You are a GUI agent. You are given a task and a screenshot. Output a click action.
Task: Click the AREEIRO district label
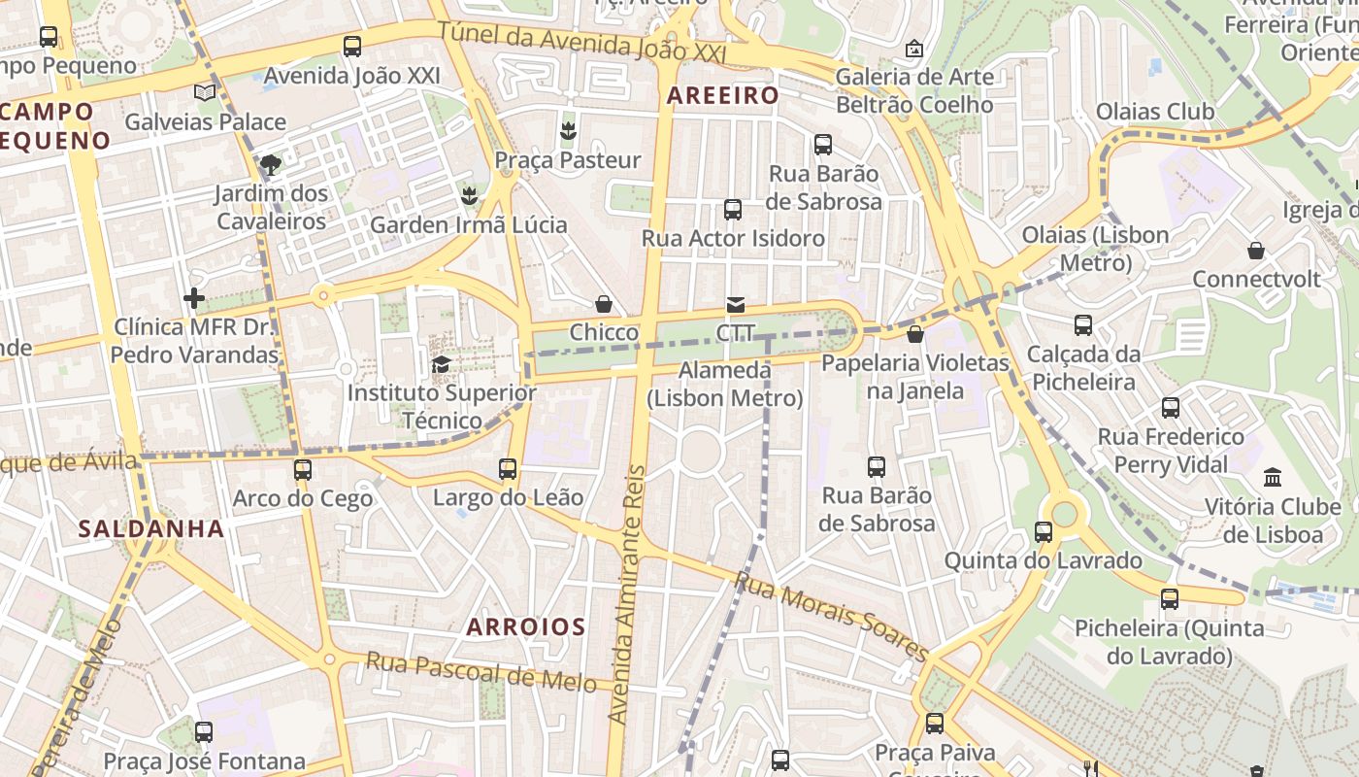pos(723,95)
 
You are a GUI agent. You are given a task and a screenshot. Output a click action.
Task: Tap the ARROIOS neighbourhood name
pos(526,626)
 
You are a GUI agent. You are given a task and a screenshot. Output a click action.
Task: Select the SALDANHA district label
pos(151,529)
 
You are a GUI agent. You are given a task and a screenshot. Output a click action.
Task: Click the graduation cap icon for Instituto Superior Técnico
pos(441,365)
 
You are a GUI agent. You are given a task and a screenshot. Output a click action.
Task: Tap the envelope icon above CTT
pos(736,305)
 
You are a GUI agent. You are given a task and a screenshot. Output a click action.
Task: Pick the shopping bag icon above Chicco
pos(604,305)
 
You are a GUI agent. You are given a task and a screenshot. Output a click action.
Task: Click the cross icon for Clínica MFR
pos(194,298)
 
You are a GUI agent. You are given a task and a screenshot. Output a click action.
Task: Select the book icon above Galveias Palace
pos(205,93)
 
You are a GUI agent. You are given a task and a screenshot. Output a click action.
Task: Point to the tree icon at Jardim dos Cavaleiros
pos(271,165)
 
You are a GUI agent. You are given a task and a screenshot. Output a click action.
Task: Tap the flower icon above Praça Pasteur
pos(568,130)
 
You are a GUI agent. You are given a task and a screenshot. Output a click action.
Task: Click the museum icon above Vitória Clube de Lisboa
pos(1273,477)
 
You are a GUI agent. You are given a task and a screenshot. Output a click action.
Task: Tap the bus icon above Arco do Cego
pos(303,470)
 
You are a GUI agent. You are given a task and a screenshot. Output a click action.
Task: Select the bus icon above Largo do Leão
pos(508,469)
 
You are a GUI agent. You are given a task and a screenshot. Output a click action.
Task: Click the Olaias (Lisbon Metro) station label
pos(1095,249)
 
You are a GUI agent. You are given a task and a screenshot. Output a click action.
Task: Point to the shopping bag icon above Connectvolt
pos(1256,251)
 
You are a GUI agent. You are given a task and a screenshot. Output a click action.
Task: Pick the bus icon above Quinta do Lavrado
pos(1044,532)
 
